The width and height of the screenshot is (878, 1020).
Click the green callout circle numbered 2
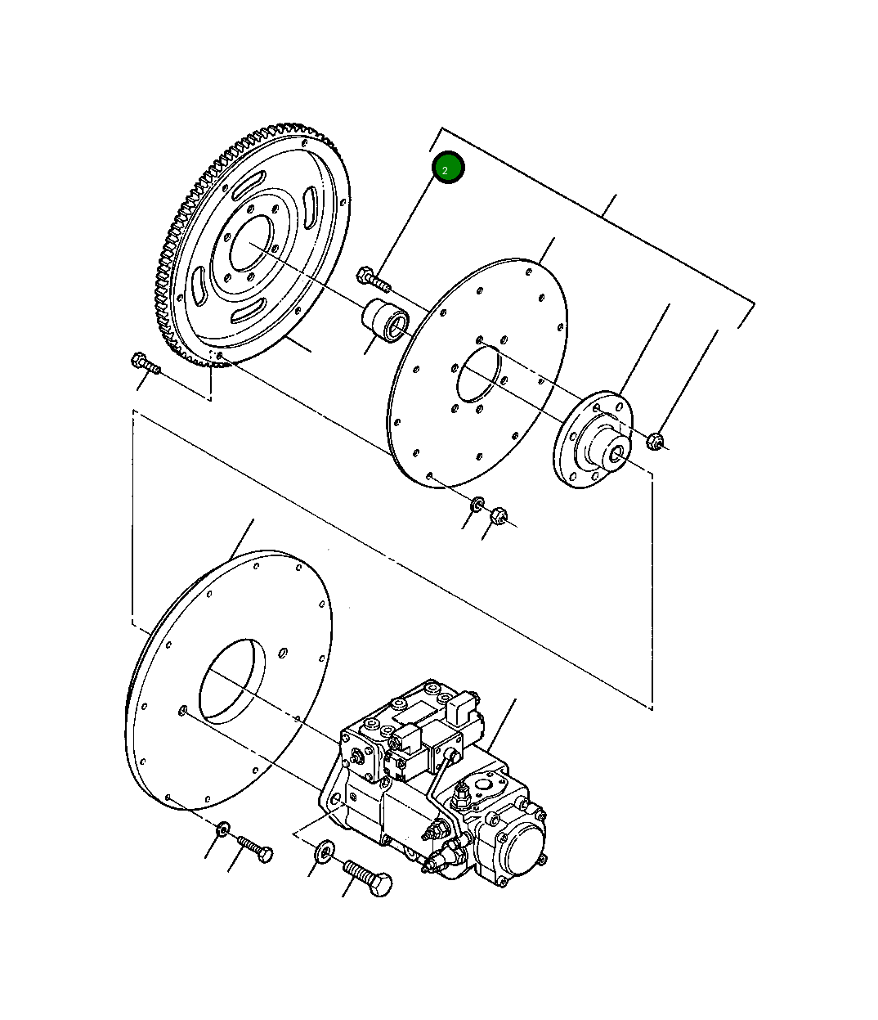[x=448, y=168]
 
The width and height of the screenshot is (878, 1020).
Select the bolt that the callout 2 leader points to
[x=374, y=280]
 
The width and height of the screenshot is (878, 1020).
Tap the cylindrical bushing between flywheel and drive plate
[x=387, y=321]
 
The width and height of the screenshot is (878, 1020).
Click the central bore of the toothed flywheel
[x=251, y=244]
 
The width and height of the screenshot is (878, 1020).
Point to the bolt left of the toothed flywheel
[x=146, y=364]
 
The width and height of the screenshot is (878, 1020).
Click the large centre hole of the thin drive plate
[x=478, y=374]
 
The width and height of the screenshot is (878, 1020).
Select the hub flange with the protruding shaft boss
[x=593, y=440]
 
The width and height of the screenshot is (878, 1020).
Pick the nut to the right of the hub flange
[x=655, y=441]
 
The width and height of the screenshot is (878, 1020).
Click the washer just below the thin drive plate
[x=477, y=505]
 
